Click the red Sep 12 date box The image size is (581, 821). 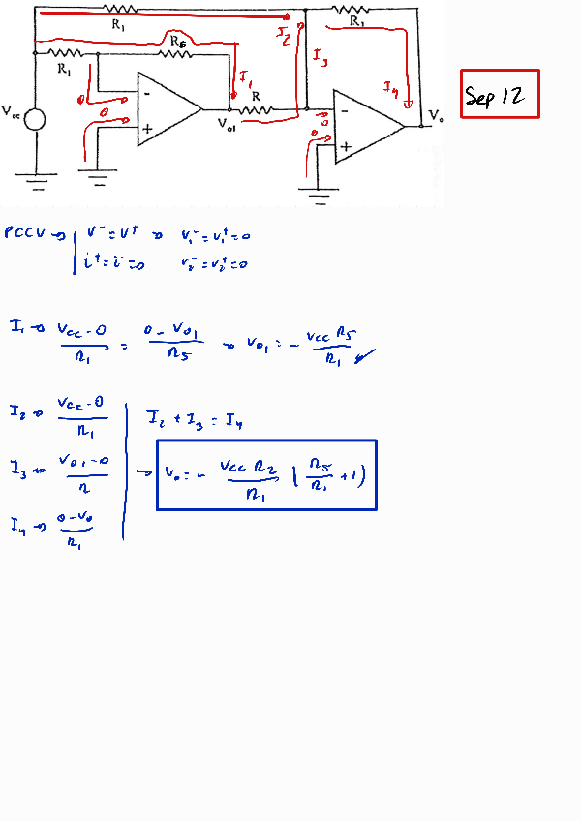[499, 94]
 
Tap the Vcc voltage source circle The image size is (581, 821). [35, 120]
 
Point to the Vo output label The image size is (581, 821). [437, 116]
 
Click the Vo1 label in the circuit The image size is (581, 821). [227, 125]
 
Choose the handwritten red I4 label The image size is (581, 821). [390, 89]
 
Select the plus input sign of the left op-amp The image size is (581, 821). [147, 128]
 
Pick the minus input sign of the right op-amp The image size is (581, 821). [344, 111]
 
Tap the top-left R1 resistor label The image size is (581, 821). [118, 23]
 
